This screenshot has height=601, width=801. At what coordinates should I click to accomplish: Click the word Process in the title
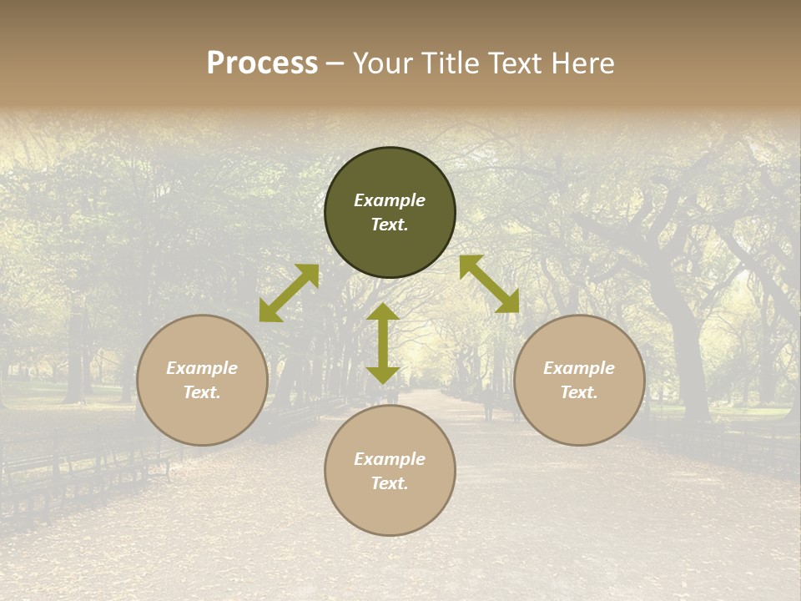(x=262, y=63)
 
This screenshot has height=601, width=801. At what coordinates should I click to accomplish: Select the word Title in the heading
(x=449, y=63)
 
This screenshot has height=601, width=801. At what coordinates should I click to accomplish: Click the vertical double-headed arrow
(x=383, y=343)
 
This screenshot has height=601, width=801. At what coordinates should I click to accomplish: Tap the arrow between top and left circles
(x=289, y=293)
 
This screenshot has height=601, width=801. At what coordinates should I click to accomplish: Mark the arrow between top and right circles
(x=489, y=284)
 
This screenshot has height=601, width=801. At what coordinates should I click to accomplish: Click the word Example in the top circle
(x=390, y=200)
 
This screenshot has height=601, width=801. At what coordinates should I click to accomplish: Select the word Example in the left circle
(x=202, y=368)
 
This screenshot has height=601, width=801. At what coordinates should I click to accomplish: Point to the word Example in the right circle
(x=579, y=368)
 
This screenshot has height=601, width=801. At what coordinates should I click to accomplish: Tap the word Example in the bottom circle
(x=390, y=459)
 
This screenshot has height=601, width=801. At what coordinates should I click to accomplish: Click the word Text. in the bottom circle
(x=390, y=483)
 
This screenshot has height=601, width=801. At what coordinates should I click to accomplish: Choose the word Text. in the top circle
(x=390, y=225)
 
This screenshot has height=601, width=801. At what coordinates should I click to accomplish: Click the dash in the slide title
(x=335, y=64)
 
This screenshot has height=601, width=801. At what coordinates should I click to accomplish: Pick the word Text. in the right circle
(x=579, y=392)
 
